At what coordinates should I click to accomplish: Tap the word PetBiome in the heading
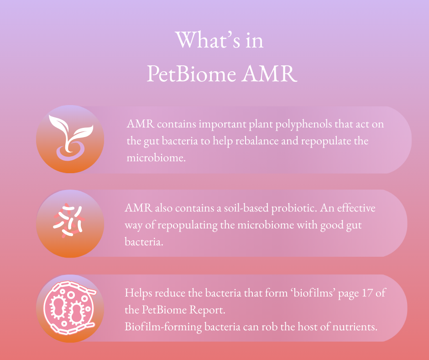(191, 74)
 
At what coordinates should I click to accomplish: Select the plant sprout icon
(71, 138)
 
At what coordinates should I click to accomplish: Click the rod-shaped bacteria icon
(68, 221)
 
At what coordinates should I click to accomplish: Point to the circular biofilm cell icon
(69, 308)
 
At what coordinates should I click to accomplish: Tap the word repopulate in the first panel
(327, 141)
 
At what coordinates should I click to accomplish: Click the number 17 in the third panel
(367, 293)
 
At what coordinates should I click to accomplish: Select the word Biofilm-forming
(163, 327)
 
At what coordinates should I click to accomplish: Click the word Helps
(138, 293)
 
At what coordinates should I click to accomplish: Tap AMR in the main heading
(269, 74)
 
